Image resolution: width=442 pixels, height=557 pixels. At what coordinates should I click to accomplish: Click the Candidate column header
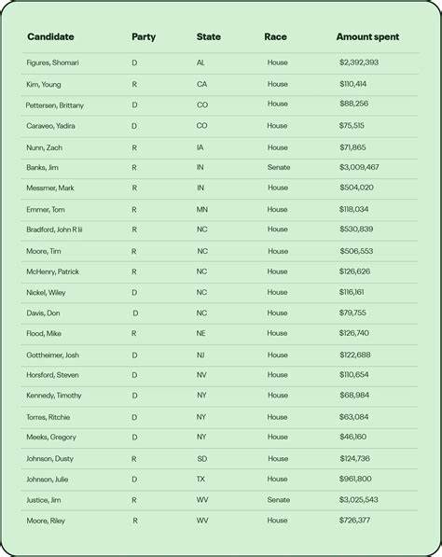(x=50, y=37)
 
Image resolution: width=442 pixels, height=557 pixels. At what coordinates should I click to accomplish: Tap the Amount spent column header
(x=367, y=37)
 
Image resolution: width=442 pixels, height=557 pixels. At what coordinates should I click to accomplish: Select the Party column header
(x=144, y=37)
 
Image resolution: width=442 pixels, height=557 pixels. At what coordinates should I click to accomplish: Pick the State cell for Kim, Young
(x=201, y=84)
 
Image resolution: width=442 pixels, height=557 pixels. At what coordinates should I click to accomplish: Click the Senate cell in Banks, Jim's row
(x=278, y=167)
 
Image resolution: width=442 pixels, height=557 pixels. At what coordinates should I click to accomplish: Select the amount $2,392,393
(x=359, y=63)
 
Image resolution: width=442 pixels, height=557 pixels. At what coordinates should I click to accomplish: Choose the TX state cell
(x=201, y=479)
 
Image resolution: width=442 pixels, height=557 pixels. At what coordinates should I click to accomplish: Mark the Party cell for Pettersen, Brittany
(x=134, y=104)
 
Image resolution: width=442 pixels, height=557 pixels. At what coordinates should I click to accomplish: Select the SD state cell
(x=201, y=458)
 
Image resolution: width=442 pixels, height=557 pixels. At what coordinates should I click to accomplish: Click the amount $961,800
(x=355, y=479)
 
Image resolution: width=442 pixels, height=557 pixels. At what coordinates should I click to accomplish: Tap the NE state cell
(x=201, y=333)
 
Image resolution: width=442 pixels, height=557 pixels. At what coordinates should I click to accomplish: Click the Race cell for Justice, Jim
(x=278, y=499)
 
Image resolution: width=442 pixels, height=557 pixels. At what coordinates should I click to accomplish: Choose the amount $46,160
(x=353, y=437)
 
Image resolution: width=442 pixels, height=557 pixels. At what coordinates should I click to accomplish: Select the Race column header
(x=275, y=37)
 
